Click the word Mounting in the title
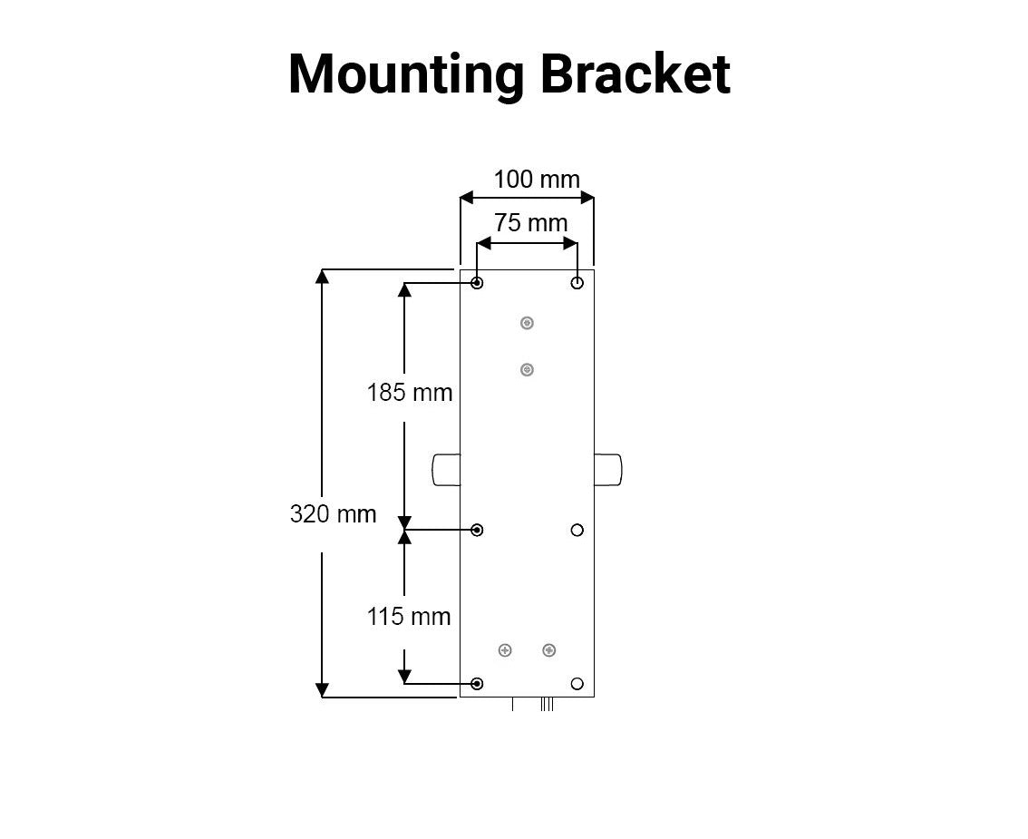[405, 74]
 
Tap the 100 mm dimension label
[536, 180]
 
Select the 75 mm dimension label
[530, 223]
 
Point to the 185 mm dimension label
[409, 393]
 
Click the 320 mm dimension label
[333, 514]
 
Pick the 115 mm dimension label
[408, 617]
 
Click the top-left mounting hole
[478, 284]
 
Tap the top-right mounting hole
[577, 284]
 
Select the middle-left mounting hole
[478, 530]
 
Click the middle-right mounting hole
[577, 530]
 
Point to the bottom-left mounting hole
[478, 683]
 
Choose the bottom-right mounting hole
[577, 683]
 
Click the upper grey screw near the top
[527, 323]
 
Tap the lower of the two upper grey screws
[527, 370]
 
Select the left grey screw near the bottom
[506, 650]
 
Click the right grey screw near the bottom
[548, 650]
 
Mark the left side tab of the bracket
[446, 470]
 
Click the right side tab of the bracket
[608, 470]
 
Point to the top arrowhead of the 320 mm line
[322, 276]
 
